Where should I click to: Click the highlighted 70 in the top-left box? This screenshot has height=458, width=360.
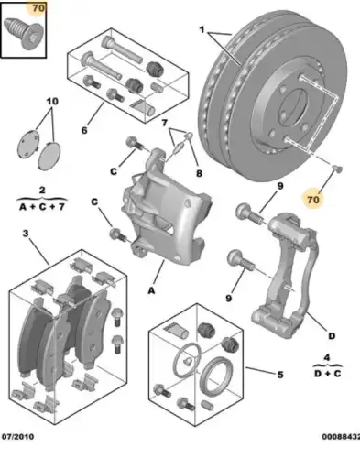(x=37, y=10)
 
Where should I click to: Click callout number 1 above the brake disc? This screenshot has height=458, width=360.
(x=203, y=28)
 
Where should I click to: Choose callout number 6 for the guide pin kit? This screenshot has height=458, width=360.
(x=84, y=131)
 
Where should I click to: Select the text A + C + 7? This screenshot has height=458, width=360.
(x=41, y=208)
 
